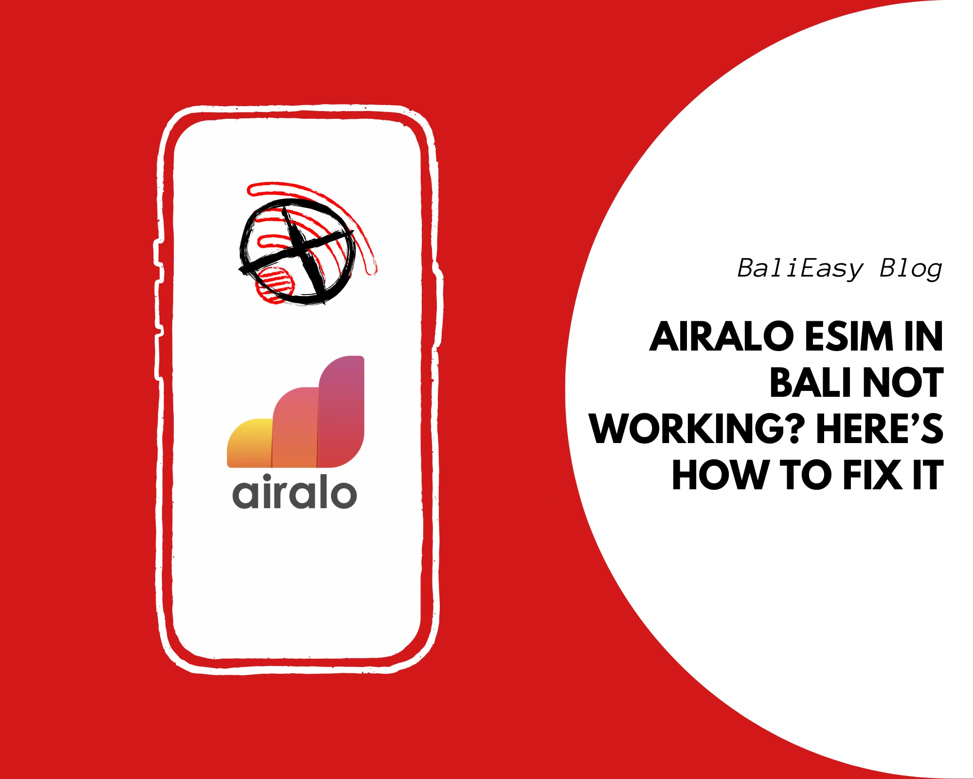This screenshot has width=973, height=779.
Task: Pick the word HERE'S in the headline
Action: point(880,428)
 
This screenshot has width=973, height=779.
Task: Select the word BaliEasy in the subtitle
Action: point(800,269)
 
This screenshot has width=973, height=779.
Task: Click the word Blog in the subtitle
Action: point(911,269)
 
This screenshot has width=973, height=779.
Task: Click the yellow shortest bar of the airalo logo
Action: point(250,443)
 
